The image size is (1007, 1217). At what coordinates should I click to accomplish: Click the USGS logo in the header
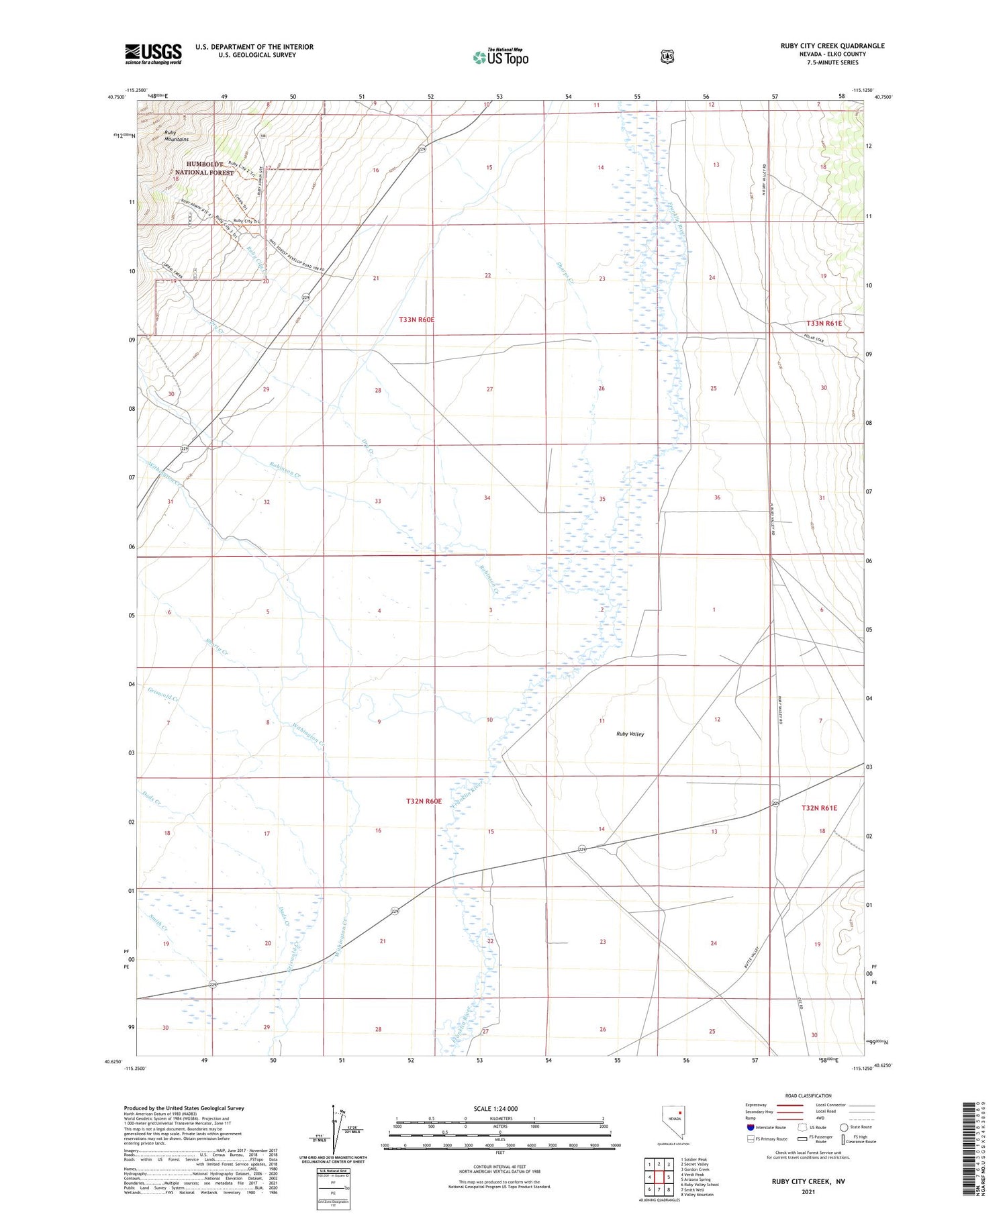click(153, 54)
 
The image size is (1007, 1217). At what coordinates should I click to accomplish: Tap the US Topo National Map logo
click(501, 57)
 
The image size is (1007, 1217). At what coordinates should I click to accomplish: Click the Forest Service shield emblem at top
click(667, 57)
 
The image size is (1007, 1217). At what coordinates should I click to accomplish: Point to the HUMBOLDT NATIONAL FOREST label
click(210, 168)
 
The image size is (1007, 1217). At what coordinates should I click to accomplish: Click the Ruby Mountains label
click(176, 136)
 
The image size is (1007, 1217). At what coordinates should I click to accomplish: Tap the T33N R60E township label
click(416, 320)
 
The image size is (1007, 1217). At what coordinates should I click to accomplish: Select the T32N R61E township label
click(819, 808)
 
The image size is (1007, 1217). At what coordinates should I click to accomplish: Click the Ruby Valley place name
click(630, 734)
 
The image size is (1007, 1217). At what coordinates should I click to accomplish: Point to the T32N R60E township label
click(424, 801)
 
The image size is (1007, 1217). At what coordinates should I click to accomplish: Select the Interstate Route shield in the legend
click(751, 1128)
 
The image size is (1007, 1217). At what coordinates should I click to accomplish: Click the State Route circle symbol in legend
click(844, 1128)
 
